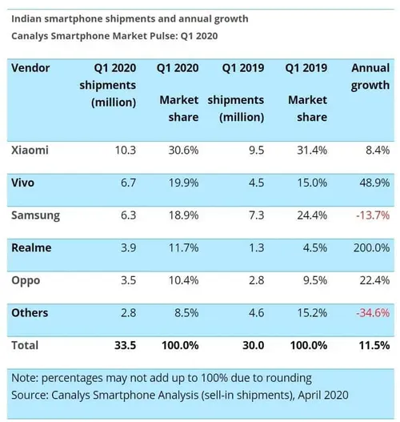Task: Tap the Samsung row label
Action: (x=34, y=215)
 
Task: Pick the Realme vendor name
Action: (x=32, y=248)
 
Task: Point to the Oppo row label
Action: (x=26, y=280)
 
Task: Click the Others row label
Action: (x=30, y=313)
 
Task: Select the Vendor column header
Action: (x=30, y=68)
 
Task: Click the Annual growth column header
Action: (x=370, y=77)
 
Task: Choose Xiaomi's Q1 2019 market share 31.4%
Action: (x=310, y=150)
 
